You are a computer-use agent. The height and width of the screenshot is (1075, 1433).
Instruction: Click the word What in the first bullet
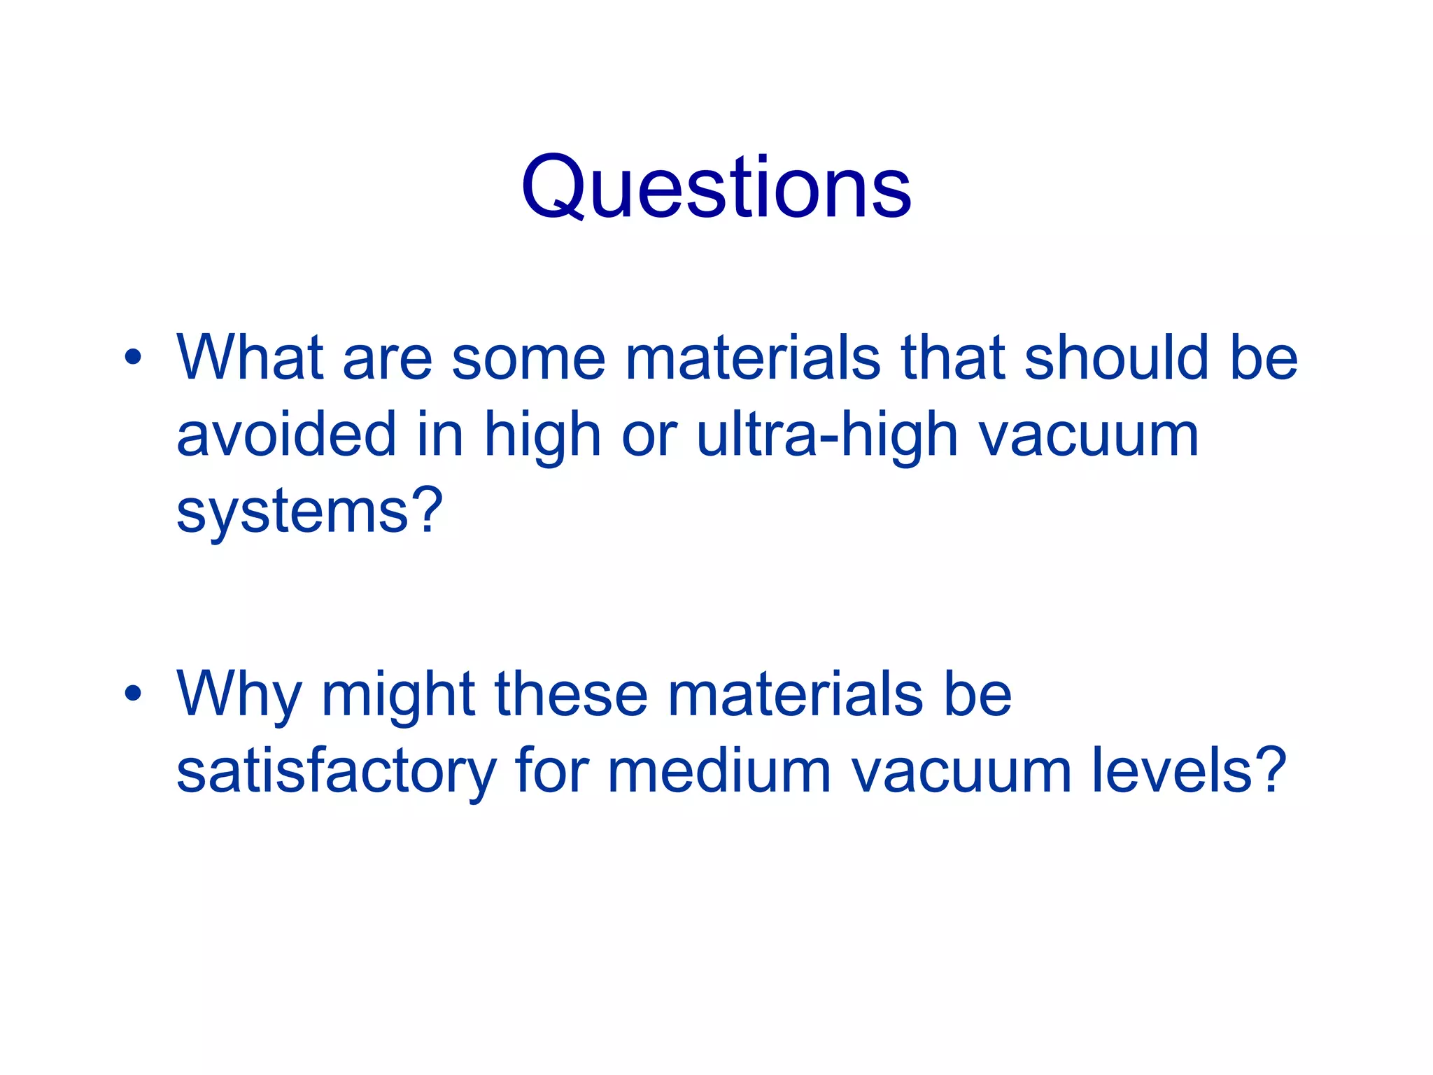250,358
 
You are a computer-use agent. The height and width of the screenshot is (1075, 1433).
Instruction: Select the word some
528,358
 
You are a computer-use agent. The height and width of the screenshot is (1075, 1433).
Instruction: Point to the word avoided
286,435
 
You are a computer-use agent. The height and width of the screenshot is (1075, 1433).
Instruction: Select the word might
398,696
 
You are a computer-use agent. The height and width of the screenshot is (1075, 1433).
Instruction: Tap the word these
571,696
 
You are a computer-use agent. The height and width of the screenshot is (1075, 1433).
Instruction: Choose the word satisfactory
336,772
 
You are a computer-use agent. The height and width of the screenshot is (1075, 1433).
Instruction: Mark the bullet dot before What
132,358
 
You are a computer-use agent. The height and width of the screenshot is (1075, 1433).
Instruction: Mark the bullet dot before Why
132,694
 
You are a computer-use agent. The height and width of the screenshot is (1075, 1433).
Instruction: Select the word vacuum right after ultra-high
1088,435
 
